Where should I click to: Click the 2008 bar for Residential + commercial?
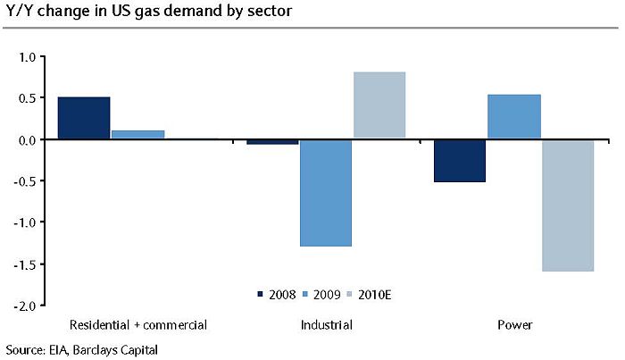(x=84, y=118)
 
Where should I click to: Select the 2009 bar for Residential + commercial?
(x=137, y=135)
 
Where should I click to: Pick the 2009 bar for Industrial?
(x=326, y=193)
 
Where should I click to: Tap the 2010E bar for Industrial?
(x=379, y=105)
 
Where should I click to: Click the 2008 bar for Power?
(x=459, y=161)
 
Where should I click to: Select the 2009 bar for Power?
(x=513, y=117)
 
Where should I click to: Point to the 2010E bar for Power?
(x=568, y=205)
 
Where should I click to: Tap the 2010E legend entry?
(x=373, y=293)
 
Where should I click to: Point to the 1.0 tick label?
(x=26, y=56)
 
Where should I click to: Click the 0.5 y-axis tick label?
(x=26, y=98)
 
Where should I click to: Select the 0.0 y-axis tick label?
(x=26, y=140)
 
